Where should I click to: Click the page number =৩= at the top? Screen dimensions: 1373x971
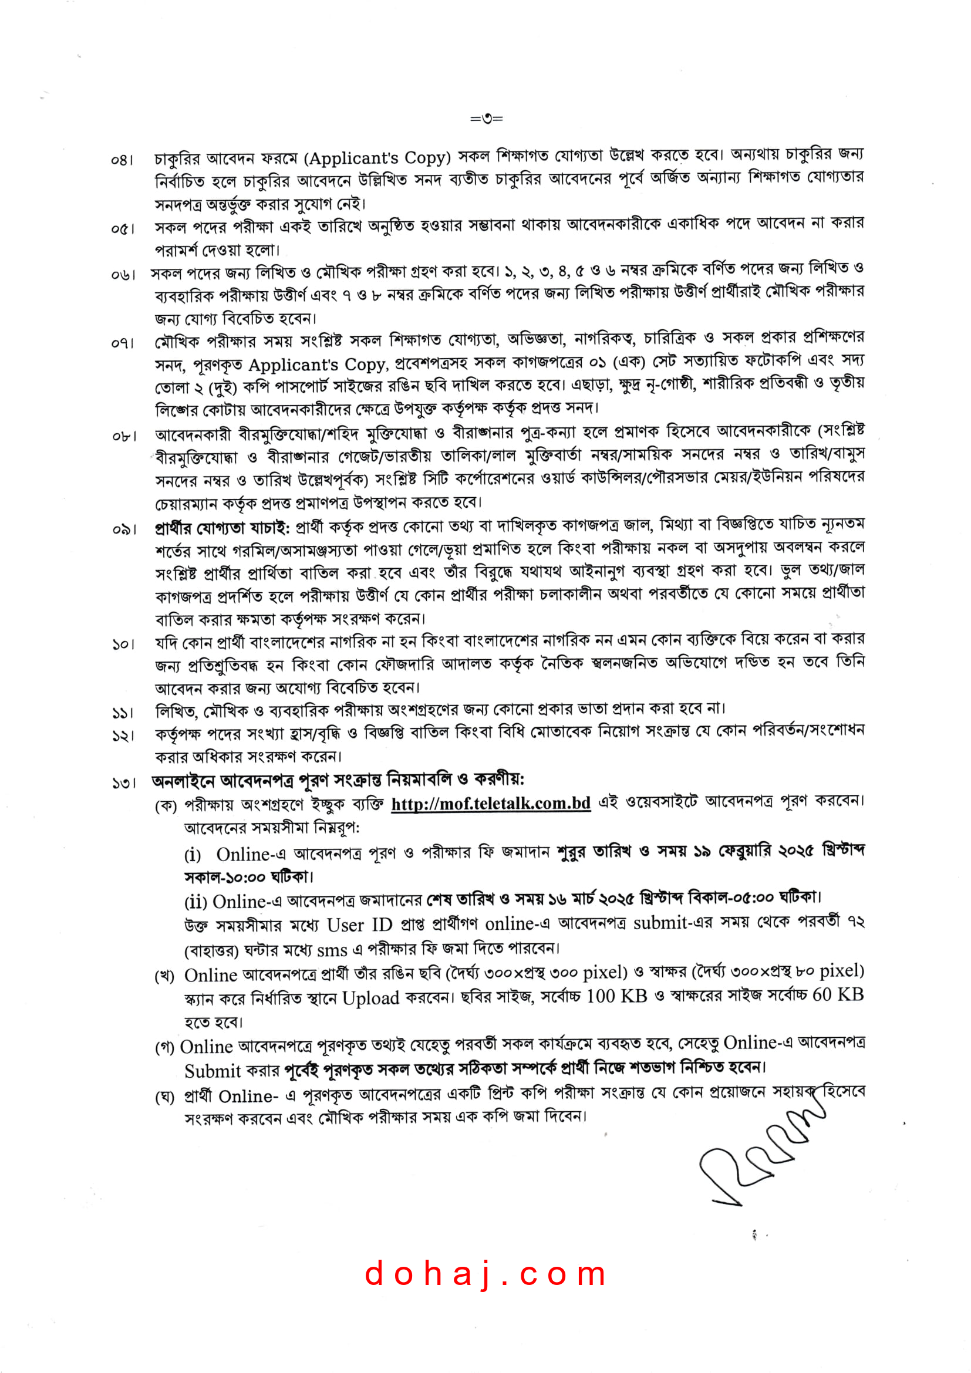[486, 119]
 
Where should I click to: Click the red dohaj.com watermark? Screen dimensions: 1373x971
[485, 1274]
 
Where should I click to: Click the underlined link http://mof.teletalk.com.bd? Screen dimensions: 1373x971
[491, 803]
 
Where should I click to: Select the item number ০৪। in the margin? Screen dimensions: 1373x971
[122, 160]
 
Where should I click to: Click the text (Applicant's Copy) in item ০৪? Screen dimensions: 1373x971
[377, 158]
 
